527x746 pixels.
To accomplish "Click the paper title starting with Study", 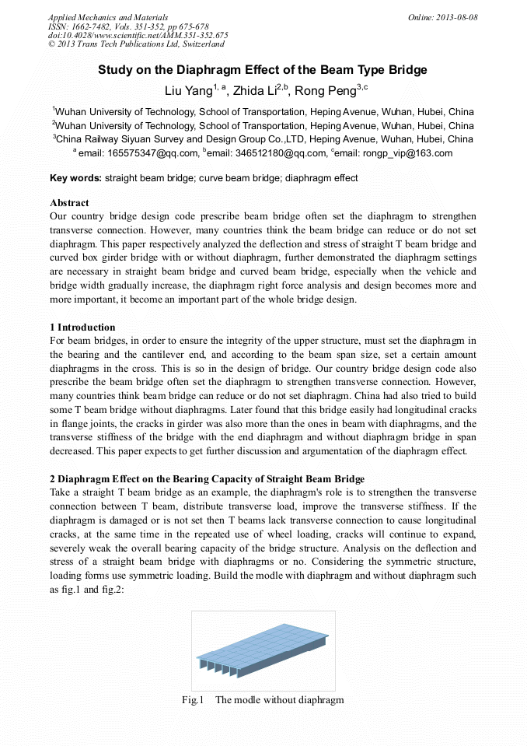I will (x=263, y=70).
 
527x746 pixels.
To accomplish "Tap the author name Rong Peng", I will (x=326, y=91).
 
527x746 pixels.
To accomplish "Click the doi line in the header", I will (x=138, y=36).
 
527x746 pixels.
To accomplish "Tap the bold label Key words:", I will (x=75, y=178).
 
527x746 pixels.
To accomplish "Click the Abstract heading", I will (x=69, y=203).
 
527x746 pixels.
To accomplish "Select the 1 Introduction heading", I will (x=82, y=327).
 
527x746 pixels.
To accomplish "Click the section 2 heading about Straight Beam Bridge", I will (x=207, y=478).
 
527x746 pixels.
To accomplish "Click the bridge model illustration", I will (x=263, y=650).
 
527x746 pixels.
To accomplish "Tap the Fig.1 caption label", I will (x=193, y=700).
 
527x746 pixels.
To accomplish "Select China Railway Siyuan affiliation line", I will (x=263, y=139).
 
